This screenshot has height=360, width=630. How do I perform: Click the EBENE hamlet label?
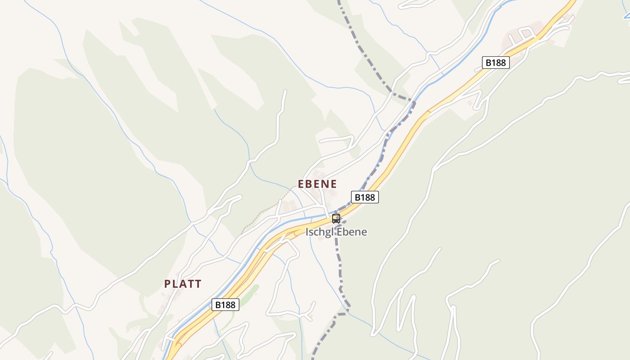pyautogui.click(x=317, y=184)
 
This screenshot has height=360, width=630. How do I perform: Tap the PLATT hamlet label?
pyautogui.click(x=183, y=284)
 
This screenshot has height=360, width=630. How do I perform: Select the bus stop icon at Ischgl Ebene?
pyautogui.click(x=336, y=219)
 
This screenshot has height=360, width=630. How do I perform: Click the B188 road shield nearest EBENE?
pyautogui.click(x=364, y=197)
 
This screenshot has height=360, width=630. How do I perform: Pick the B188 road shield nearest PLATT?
pyautogui.click(x=225, y=305)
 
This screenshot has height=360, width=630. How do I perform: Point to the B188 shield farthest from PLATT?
pyautogui.click(x=495, y=63)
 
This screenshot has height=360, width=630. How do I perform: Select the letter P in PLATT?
pyautogui.click(x=167, y=284)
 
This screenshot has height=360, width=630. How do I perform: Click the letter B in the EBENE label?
pyautogui.click(x=310, y=184)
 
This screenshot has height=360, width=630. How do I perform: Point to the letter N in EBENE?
pyautogui.click(x=325, y=184)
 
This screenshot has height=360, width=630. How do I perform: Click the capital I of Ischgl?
pyautogui.click(x=307, y=232)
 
